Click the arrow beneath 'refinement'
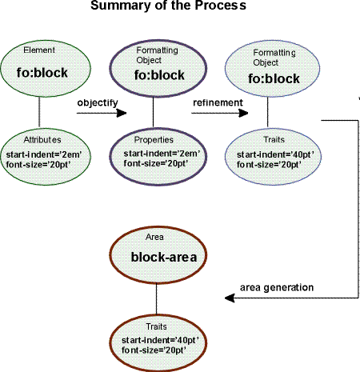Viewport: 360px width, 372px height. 213,114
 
